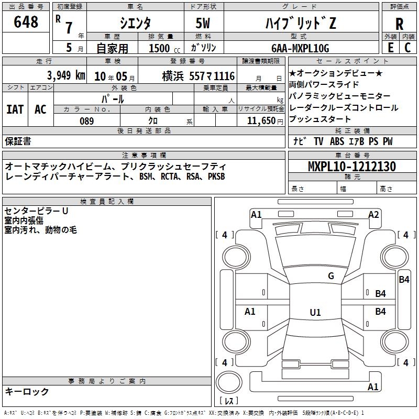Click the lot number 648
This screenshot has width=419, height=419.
(x=26, y=21)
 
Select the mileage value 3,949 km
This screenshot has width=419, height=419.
(x=66, y=75)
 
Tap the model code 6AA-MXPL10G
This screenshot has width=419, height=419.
(x=300, y=48)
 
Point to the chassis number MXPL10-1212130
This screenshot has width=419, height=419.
(x=352, y=166)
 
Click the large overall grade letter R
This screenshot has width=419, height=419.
(x=399, y=24)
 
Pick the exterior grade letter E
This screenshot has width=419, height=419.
(x=390, y=48)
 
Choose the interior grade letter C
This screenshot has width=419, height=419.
(x=407, y=48)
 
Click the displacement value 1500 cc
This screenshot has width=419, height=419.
(x=164, y=48)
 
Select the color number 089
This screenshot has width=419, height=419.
(x=87, y=121)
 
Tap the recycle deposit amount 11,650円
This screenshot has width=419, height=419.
(x=265, y=121)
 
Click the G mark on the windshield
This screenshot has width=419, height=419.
(x=331, y=276)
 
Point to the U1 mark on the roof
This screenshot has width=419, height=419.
(x=315, y=312)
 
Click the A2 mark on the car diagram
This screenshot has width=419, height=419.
(x=373, y=215)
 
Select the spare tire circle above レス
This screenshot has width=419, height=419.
(x=229, y=382)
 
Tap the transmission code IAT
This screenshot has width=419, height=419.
(x=15, y=109)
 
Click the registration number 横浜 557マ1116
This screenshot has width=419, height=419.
(x=199, y=76)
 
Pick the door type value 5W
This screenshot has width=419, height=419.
(x=203, y=23)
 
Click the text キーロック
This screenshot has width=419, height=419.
(x=27, y=391)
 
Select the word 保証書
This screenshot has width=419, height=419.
(x=18, y=141)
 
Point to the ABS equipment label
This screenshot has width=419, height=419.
(x=337, y=141)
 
